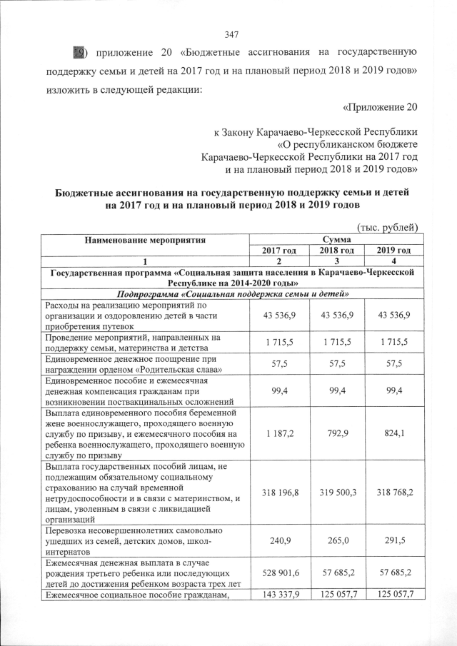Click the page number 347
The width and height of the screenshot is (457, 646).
[x=231, y=35]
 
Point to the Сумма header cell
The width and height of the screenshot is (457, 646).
[x=335, y=239]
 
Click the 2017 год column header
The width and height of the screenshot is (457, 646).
[x=278, y=251]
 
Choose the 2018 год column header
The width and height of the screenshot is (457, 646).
[x=335, y=251]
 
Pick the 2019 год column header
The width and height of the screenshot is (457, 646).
[x=392, y=251]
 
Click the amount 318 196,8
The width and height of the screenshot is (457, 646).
[x=278, y=493]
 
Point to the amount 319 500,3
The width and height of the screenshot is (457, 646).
[x=335, y=493]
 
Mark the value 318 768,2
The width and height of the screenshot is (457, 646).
[x=392, y=493]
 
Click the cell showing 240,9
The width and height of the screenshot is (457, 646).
[x=278, y=542]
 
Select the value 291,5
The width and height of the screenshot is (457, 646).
[x=392, y=542]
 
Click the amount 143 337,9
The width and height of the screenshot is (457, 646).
[x=278, y=595]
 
